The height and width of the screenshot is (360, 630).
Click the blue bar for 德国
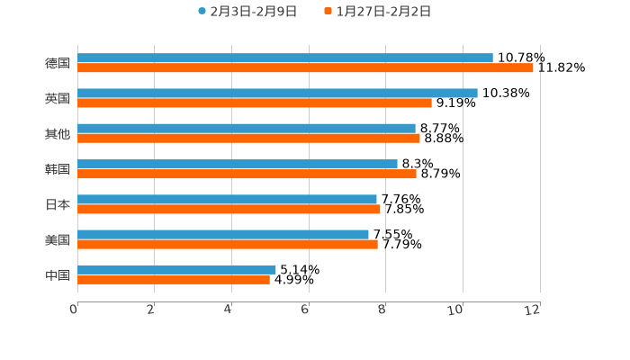[285, 58]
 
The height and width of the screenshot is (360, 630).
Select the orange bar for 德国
[305, 67]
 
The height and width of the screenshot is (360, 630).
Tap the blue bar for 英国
[277, 93]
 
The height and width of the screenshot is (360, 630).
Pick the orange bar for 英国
[255, 103]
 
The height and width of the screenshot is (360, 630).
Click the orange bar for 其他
[248, 138]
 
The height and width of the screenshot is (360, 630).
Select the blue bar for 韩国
[238, 164]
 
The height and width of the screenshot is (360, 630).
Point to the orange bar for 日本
[229, 209]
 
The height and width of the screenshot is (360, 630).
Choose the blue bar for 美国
[223, 234]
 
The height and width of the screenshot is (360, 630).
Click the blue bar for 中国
[176, 269]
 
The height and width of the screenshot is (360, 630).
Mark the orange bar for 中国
[174, 279]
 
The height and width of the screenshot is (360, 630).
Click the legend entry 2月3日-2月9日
[247, 12]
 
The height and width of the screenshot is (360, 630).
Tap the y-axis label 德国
[58, 63]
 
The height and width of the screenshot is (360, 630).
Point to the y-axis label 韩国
[58, 169]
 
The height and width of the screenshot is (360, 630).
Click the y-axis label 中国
[58, 274]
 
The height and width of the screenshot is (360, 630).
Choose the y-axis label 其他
[58, 134]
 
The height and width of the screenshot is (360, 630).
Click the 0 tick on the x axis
[74, 310]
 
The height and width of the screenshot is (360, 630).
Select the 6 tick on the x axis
[306, 310]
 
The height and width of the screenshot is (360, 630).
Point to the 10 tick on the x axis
[458, 310]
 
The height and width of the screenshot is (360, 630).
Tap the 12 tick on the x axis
[535, 310]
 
